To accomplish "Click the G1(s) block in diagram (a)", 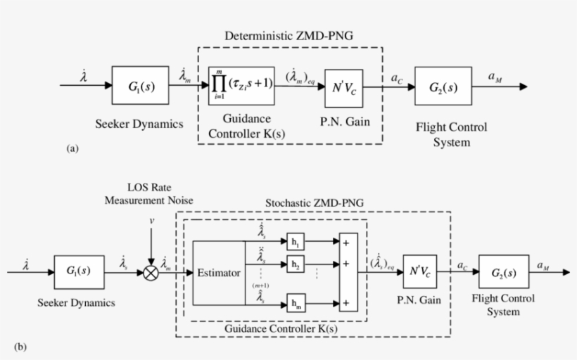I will (139, 86).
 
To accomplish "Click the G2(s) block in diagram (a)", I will (443, 86).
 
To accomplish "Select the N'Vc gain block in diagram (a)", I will (345, 88).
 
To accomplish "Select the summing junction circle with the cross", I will (151, 271).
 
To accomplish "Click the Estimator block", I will (218, 271).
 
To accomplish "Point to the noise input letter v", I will (151, 221).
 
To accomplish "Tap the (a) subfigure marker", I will (71, 149).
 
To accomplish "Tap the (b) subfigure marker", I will (21, 346).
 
